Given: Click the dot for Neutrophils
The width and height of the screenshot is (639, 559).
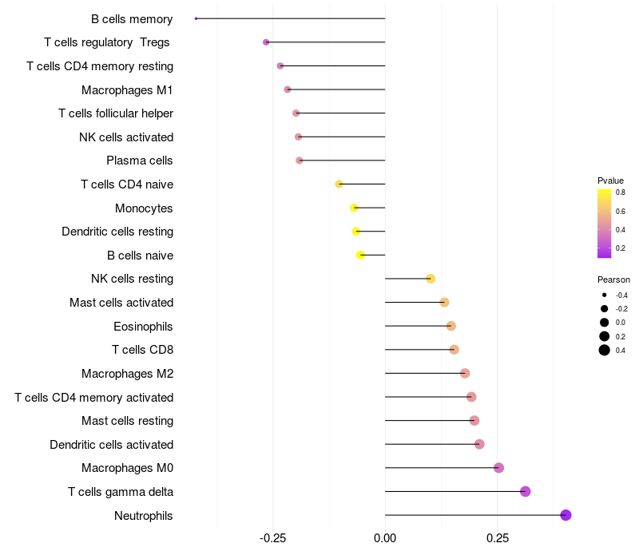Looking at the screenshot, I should pyautogui.click(x=566, y=515).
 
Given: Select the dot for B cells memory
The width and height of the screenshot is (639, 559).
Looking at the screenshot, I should pyautogui.click(x=196, y=18).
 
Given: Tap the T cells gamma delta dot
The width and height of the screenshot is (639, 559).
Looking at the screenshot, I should pyautogui.click(x=526, y=491).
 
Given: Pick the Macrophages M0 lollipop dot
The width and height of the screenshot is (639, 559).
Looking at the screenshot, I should pyautogui.click(x=499, y=468).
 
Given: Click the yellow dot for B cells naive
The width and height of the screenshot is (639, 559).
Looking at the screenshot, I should pyautogui.click(x=360, y=256).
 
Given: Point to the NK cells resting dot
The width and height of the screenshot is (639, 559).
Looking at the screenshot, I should pyautogui.click(x=431, y=279).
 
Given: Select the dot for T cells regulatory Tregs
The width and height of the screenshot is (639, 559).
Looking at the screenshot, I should pyautogui.click(x=266, y=42).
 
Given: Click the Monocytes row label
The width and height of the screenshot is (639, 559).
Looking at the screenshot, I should pyautogui.click(x=144, y=208).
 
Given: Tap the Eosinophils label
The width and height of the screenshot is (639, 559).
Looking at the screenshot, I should pyautogui.click(x=143, y=326).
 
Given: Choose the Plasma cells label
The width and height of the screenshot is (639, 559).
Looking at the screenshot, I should pyautogui.click(x=140, y=161).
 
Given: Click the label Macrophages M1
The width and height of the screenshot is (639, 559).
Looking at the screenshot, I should pyautogui.click(x=127, y=89).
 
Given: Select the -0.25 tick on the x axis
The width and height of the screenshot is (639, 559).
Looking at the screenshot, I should pyautogui.click(x=273, y=539).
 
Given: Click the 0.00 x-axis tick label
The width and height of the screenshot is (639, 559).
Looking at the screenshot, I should pyautogui.click(x=385, y=539).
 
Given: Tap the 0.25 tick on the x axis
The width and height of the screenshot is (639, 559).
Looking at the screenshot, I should pyautogui.click(x=498, y=539).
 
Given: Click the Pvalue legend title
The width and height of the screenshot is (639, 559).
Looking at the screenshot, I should pyautogui.click(x=610, y=180).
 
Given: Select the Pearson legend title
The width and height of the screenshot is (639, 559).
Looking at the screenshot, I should pyautogui.click(x=613, y=279).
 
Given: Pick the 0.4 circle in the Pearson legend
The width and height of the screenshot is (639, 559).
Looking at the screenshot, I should pyautogui.click(x=605, y=350).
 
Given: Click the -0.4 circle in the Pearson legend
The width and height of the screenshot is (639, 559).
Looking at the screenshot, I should pyautogui.click(x=605, y=295).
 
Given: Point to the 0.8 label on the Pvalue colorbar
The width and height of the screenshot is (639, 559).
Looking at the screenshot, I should pyautogui.click(x=621, y=192).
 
